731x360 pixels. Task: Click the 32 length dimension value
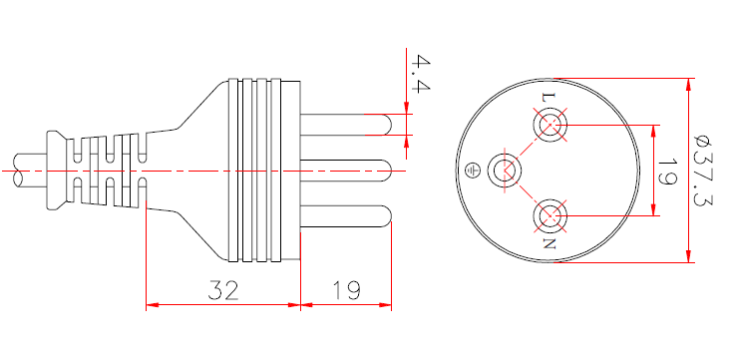point(222,291)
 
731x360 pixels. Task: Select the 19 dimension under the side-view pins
point(345,291)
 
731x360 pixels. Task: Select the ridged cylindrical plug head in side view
point(263,170)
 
